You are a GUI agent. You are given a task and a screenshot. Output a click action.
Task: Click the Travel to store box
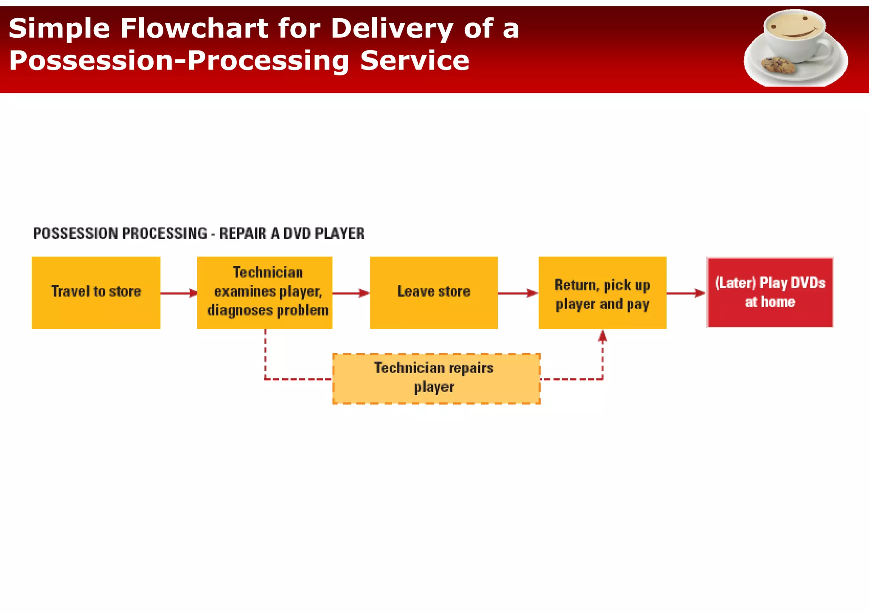[x=96, y=293]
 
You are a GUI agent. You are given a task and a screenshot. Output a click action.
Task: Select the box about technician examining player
[x=265, y=293]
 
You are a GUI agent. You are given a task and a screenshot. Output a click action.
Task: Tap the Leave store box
[x=434, y=293]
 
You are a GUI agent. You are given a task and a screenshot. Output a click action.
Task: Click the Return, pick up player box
[x=602, y=293]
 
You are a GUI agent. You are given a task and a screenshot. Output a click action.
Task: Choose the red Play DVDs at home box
[x=770, y=293]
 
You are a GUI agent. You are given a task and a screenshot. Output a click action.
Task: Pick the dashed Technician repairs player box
[x=436, y=379]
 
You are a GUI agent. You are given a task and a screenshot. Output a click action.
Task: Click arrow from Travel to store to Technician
[x=179, y=293]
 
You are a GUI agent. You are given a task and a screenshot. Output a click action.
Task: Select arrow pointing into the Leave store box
[x=351, y=293]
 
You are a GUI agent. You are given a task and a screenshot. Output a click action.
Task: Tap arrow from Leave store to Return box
[x=518, y=293]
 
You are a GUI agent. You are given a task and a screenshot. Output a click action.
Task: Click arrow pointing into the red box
[x=686, y=293]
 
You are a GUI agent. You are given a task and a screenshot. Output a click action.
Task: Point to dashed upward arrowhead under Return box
[x=603, y=337]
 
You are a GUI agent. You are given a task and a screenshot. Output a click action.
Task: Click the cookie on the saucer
[x=778, y=65]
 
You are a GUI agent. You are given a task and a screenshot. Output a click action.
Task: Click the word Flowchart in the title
[x=193, y=29]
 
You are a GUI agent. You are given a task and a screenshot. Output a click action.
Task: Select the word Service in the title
[x=415, y=61]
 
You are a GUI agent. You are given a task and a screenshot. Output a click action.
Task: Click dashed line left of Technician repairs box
[x=297, y=379]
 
